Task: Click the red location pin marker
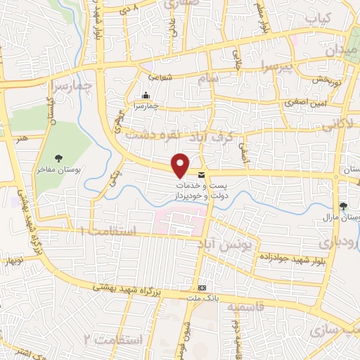[181, 165]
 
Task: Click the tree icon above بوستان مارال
[343, 206]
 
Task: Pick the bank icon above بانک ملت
[202, 288]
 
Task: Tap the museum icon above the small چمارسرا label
[146, 96]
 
